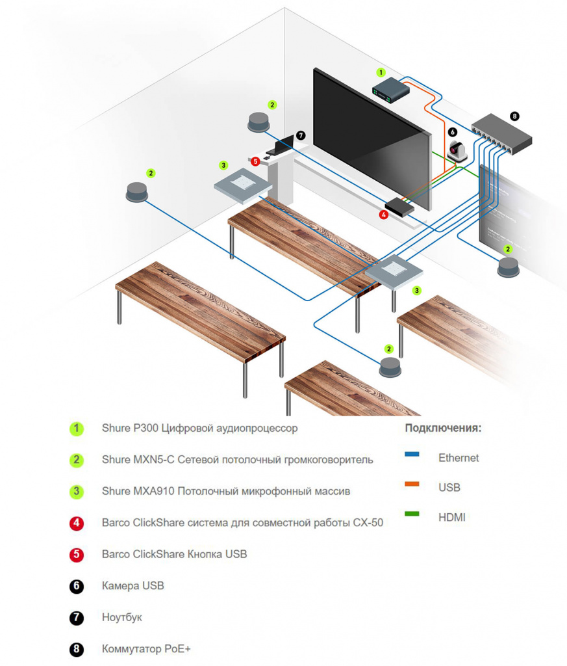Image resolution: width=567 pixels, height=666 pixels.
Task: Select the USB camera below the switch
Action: coord(457,152)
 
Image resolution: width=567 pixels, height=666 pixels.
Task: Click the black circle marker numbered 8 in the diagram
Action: coord(515,116)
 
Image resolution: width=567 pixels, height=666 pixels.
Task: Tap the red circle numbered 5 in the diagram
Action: coord(256,161)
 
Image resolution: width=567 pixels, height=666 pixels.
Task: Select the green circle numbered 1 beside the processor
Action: coord(381,72)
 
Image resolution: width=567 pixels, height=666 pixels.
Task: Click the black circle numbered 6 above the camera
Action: coord(453,131)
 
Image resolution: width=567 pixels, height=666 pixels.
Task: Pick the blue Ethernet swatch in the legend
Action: coord(412,455)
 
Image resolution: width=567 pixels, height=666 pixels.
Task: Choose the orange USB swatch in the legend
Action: coord(412,485)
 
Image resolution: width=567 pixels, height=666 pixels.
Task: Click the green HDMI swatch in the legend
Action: coord(412,514)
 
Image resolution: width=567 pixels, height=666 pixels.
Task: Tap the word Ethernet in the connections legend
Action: coord(459,458)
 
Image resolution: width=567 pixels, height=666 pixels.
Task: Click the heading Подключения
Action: coord(443,428)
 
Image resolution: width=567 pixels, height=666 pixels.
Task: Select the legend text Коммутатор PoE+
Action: coord(146,649)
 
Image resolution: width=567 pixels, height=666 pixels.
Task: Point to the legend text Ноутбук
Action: coord(121,617)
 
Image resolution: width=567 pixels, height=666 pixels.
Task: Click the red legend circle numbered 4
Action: coord(77,523)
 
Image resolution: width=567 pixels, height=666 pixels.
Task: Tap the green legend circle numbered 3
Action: coord(77,491)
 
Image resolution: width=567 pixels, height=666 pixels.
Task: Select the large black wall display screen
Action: coord(370,137)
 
